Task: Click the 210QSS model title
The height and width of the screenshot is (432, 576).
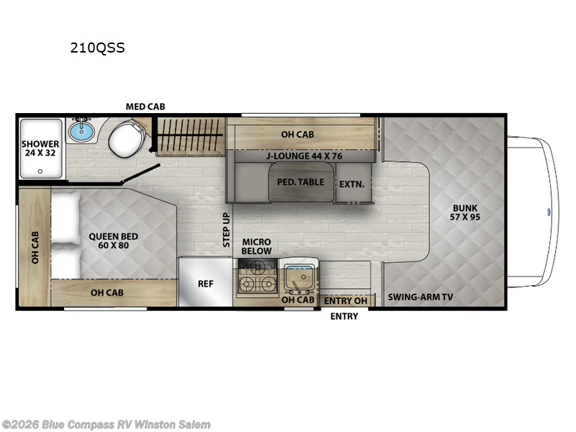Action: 97,48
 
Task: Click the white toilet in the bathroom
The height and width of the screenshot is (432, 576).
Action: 127,138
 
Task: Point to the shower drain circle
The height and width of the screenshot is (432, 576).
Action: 40,171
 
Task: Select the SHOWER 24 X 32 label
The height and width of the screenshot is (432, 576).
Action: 40,148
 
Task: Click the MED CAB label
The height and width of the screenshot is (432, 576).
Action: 145,107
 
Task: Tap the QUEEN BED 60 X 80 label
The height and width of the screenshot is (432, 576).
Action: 114,240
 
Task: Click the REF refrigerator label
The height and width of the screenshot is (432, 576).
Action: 205,284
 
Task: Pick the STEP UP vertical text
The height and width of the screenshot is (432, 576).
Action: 226,230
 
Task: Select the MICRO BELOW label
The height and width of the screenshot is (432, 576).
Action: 256,246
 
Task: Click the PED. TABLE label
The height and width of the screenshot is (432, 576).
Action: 300,182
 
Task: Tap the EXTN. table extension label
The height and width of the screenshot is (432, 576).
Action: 352,184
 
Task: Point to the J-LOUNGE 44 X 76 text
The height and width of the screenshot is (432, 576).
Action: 304,156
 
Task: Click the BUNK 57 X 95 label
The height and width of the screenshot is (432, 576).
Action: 465,212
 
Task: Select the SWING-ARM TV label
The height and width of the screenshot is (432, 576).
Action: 420,297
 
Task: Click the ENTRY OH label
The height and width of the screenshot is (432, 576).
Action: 346,301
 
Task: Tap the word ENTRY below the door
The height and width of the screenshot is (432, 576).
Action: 344,316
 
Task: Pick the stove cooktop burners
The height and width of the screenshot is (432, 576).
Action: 258,276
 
